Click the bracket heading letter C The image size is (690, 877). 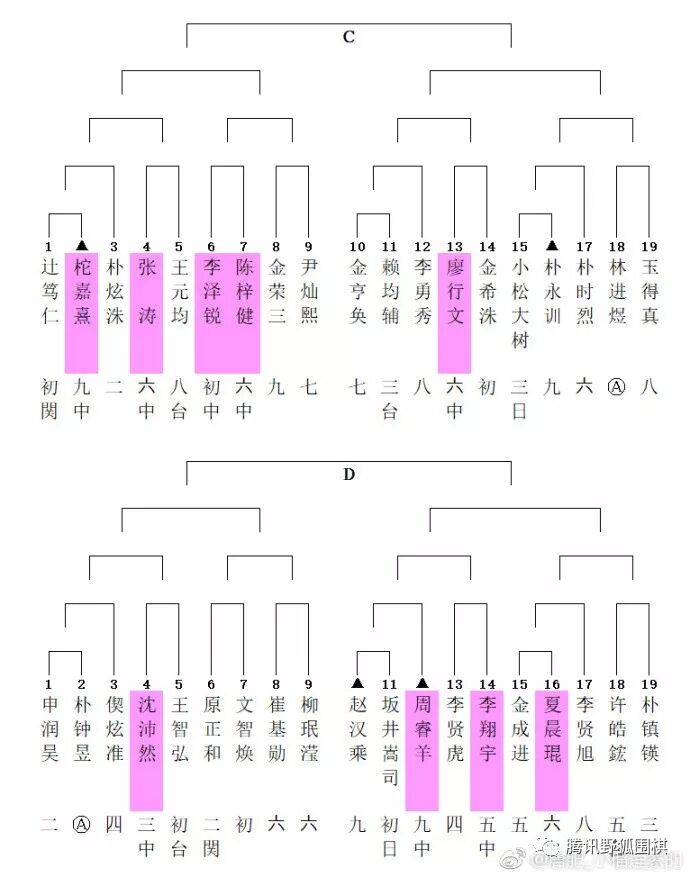pyautogui.click(x=348, y=37)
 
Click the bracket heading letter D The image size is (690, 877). pyautogui.click(x=348, y=474)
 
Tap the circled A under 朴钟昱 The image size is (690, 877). pyautogui.click(x=82, y=825)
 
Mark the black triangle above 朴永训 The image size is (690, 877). pyautogui.click(x=551, y=245)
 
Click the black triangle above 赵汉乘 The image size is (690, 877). pyautogui.click(x=358, y=683)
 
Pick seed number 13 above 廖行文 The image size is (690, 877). pyautogui.click(x=455, y=246)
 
